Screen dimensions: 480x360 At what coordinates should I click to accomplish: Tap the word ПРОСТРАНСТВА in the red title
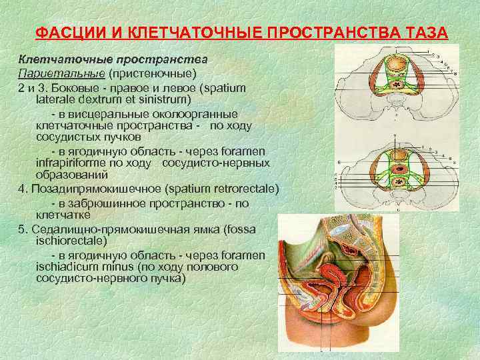327,33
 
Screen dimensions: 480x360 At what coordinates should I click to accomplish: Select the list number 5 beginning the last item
22,229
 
